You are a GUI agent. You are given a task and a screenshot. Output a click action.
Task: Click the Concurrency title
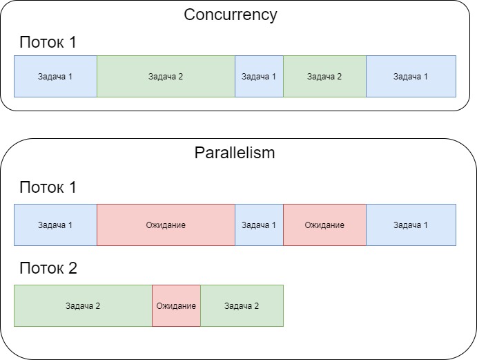tap(231, 15)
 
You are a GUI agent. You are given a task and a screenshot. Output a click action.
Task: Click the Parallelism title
tap(235, 153)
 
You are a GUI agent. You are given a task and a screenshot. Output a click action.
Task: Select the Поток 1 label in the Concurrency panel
tap(48, 42)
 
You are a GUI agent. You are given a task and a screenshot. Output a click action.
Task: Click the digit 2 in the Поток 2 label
tap(72, 268)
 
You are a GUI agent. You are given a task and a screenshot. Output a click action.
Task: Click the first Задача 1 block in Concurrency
tap(55, 76)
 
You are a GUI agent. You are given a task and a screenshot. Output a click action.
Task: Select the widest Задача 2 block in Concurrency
tap(166, 76)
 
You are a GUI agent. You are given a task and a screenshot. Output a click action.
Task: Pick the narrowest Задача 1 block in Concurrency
tap(259, 76)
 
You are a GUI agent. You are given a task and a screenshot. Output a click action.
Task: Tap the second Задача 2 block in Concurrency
tap(324, 76)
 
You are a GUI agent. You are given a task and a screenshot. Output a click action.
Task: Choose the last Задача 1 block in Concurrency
tap(411, 76)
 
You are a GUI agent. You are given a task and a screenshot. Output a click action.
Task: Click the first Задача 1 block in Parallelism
tap(55, 225)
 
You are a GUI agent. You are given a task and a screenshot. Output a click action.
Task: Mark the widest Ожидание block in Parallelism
tap(166, 225)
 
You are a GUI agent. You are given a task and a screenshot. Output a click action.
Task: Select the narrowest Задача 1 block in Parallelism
tap(259, 225)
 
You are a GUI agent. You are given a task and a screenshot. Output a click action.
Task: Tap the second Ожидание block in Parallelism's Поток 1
tap(324, 225)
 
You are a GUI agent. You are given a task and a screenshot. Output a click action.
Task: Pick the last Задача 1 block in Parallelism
tap(411, 225)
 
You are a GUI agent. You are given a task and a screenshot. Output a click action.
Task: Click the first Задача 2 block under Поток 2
tap(83, 305)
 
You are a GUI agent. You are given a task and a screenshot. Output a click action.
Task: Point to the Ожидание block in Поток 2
tap(176, 305)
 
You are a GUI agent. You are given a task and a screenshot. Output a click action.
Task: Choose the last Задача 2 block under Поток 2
tap(242, 305)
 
